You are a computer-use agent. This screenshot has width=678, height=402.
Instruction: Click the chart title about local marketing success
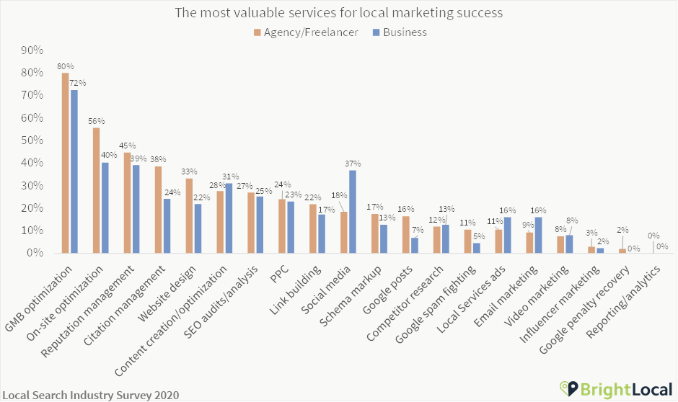pos(338,13)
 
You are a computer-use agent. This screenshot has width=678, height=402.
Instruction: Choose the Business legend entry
pos(399,32)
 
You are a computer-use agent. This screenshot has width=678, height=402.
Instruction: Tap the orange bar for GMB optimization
pos(65,163)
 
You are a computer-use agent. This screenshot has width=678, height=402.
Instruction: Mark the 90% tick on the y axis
pos(32,50)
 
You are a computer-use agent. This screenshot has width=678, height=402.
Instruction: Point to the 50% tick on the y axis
pos(32,140)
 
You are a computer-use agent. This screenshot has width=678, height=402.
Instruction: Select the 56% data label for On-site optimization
pos(97,120)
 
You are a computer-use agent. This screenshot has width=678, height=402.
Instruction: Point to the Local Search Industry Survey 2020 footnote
pos(91,395)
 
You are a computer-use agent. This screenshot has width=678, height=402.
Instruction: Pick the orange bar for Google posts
pos(405,234)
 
